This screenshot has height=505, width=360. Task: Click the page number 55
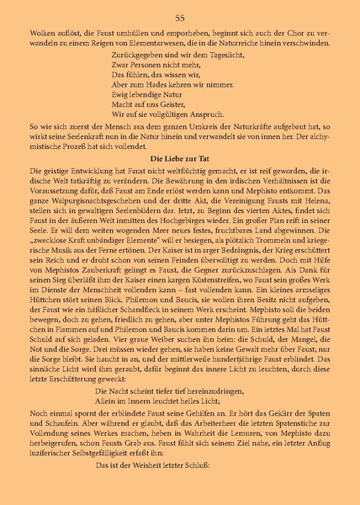pos(180,17)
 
